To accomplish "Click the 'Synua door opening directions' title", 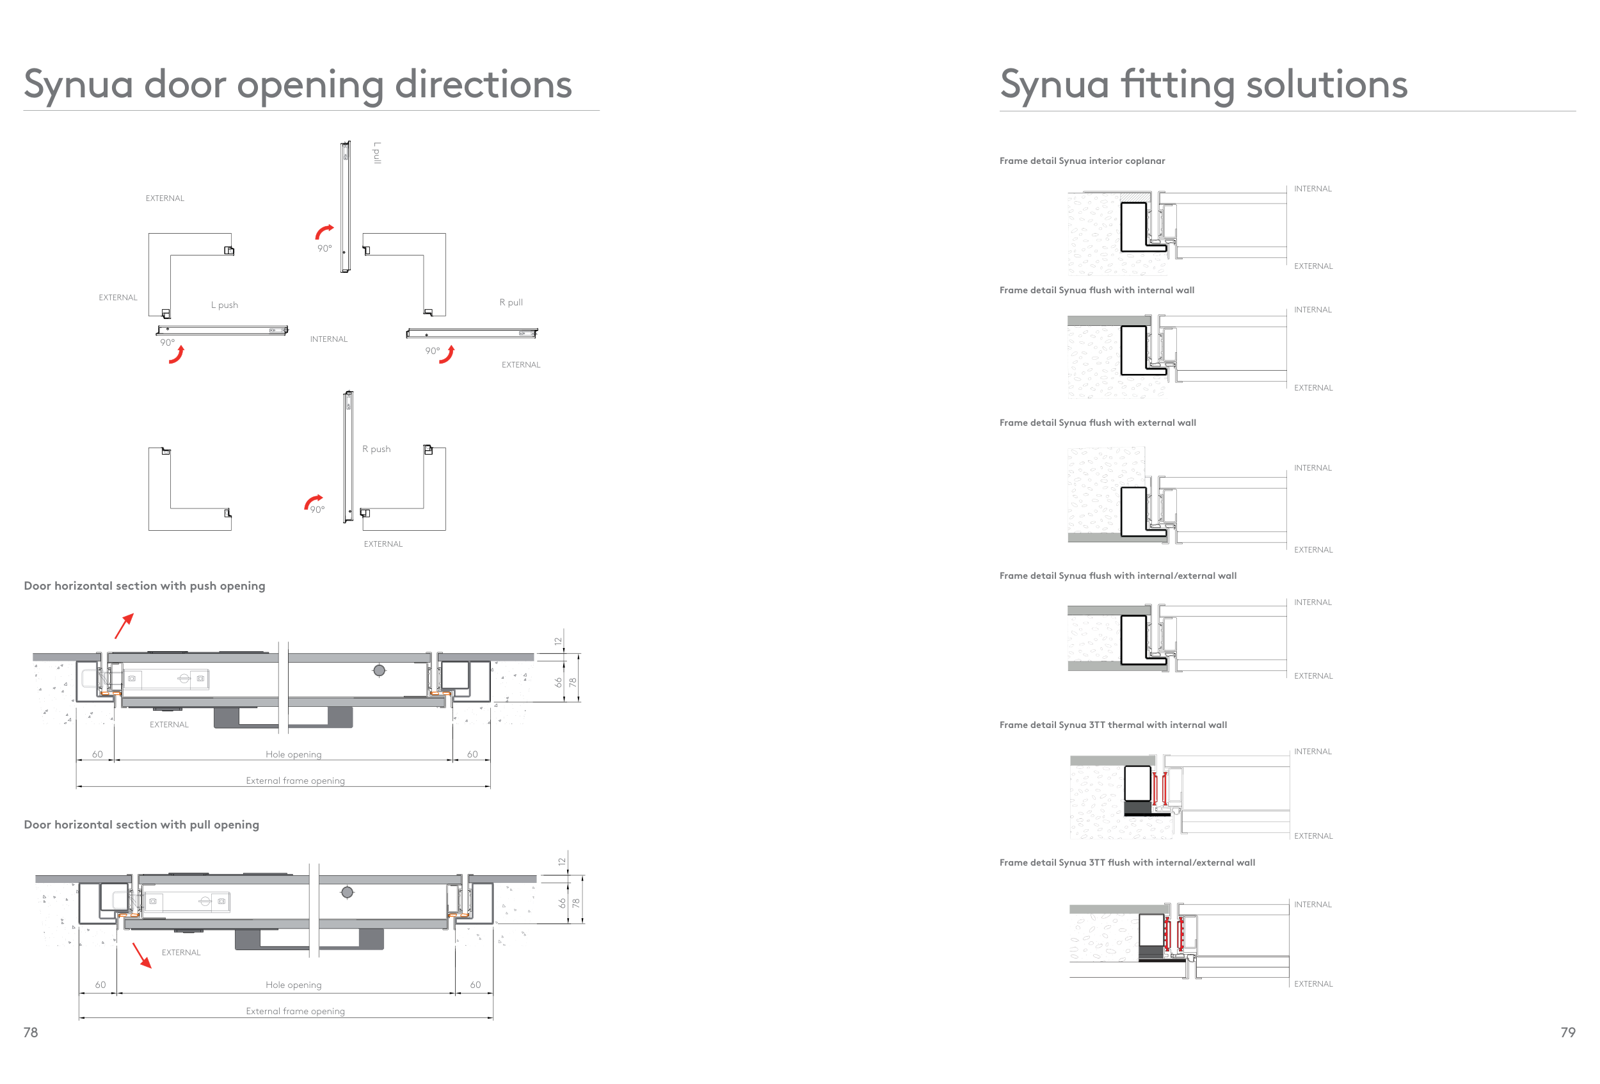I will [298, 84].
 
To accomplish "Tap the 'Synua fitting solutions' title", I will [1203, 84].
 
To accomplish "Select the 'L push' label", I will [225, 305].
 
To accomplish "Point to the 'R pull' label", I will [511, 302].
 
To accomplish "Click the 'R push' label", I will [376, 449].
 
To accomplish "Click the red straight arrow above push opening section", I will [124, 626].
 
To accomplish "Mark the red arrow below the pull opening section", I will [142, 955].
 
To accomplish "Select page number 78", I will [31, 1032].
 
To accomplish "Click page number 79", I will [1567, 1032].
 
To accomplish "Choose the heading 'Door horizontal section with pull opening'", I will [142, 824].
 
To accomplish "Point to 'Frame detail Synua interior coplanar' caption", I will [1082, 161].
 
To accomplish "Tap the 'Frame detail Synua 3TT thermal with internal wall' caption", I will [1112, 725].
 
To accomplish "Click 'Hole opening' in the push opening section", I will [293, 755].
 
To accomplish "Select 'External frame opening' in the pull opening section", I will [295, 1011].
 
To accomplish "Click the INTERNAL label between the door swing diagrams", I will [328, 339].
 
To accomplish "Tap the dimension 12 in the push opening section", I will [558, 641].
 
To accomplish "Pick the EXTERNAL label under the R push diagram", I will [383, 544].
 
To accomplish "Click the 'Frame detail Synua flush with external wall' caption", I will [1098, 423].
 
